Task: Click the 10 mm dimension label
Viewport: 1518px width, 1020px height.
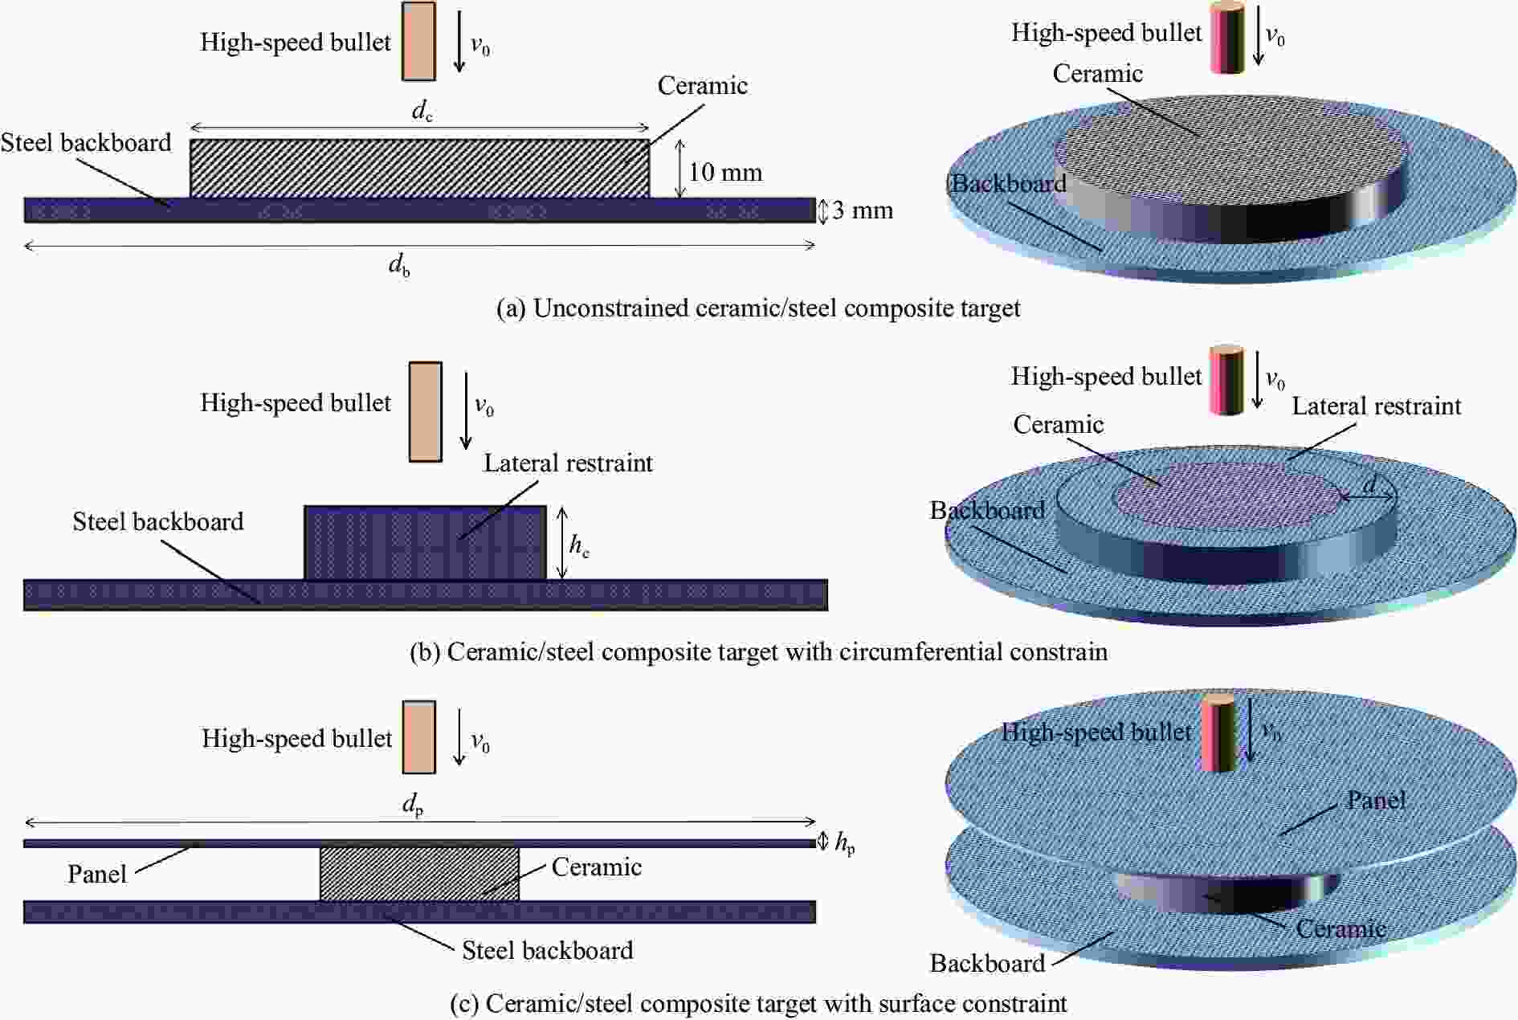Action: click(x=724, y=172)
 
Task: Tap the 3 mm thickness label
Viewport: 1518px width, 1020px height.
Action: click(x=862, y=210)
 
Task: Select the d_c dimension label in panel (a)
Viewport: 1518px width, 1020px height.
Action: click(x=422, y=111)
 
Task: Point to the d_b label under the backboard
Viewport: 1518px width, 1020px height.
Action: click(x=399, y=264)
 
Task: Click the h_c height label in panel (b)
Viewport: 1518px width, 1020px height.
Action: click(x=579, y=545)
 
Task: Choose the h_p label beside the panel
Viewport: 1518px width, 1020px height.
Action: click(x=844, y=843)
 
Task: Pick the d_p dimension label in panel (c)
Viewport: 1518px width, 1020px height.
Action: click(x=413, y=804)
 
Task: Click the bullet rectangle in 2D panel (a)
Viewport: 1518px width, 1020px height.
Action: click(x=418, y=41)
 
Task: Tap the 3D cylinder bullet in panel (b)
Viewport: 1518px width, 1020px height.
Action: click(x=1226, y=381)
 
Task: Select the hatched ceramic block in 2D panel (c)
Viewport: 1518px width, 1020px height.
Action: click(x=419, y=874)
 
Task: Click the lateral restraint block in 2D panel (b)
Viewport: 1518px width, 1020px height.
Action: click(x=425, y=542)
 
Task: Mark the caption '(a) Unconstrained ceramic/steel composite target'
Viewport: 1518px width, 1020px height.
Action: click(x=758, y=308)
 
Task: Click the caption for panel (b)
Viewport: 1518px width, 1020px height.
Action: click(x=758, y=651)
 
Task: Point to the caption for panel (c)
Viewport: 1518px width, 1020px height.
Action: click(x=758, y=1003)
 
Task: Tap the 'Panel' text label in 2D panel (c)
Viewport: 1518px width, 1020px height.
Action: click(x=97, y=874)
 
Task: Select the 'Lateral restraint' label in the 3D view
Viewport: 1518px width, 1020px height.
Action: click(x=1376, y=406)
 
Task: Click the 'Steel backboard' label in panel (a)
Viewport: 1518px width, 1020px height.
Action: click(x=86, y=143)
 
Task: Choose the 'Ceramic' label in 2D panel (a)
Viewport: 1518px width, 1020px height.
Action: click(x=702, y=86)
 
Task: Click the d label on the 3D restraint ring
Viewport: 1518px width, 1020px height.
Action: click(x=1369, y=484)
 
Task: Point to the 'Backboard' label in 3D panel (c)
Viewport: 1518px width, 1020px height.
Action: click(x=987, y=963)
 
